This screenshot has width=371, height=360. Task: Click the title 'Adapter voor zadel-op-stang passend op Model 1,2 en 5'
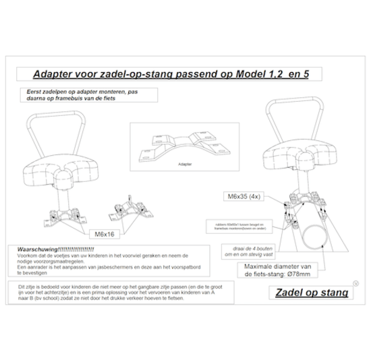pos(171,73)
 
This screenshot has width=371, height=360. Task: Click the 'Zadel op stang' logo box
pos(312,292)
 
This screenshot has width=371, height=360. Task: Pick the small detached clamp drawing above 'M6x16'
pos(124,205)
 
